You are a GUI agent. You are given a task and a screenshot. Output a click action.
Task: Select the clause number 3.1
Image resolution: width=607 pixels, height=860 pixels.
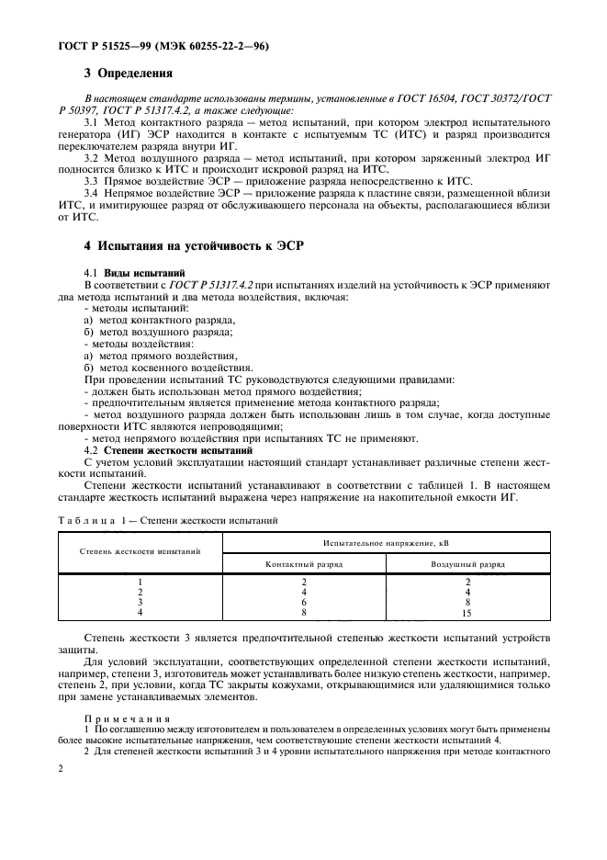coord(93,121)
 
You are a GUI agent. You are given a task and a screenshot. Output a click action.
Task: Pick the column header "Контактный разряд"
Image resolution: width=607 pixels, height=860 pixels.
coord(304,564)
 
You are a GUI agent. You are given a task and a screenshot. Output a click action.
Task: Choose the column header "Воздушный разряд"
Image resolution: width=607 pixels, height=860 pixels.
coord(467,564)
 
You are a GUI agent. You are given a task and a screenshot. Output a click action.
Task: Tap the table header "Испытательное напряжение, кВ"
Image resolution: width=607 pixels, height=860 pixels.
coord(386,544)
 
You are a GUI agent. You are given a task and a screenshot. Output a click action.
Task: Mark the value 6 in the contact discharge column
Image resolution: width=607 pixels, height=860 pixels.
coord(304,602)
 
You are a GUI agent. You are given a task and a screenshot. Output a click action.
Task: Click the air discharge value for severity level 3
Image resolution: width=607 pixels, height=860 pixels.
coord(467,602)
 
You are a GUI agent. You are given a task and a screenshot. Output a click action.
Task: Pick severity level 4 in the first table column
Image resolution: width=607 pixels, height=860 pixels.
coord(141,612)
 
